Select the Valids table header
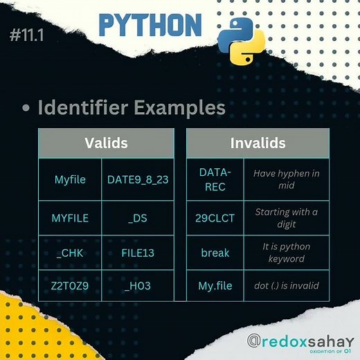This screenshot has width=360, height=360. (106, 143)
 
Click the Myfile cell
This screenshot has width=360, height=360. (70, 179)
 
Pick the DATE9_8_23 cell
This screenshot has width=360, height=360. (138, 179)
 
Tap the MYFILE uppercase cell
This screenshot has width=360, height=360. (70, 218)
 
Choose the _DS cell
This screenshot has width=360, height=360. (138, 218)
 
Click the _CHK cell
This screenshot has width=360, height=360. (70, 253)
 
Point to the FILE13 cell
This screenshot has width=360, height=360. (138, 253)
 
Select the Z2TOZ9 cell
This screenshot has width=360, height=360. (70, 285)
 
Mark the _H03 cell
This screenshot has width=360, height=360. (138, 285)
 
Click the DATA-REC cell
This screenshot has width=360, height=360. (215, 179)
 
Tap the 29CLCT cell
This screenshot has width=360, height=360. (215, 218)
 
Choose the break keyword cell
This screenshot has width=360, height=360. (215, 253)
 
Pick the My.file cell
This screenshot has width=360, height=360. (215, 285)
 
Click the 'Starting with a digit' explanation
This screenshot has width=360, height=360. (286, 217)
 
